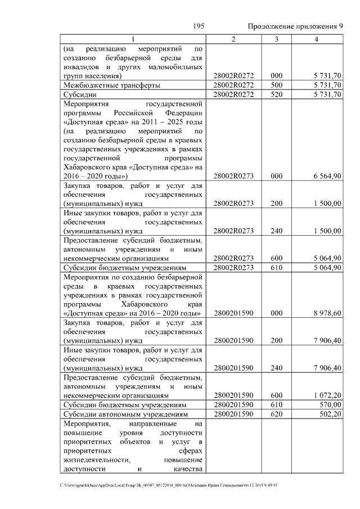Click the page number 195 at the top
tap(198, 26)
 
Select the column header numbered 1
tap(133, 39)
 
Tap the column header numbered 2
tap(233, 39)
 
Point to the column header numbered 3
tap(276, 39)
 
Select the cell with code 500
tap(276, 85)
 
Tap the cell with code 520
tap(276, 94)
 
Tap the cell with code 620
tap(276, 414)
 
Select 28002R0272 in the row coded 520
tap(233, 94)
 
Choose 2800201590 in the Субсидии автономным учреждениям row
tap(233, 414)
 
